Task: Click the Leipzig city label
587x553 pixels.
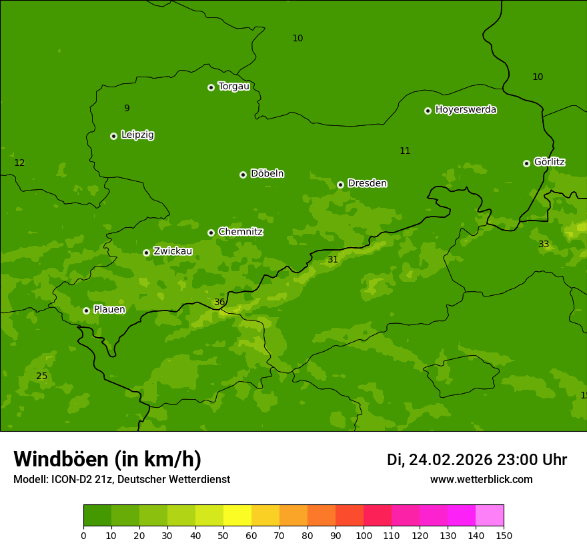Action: pos(137,135)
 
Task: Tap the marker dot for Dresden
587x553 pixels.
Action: pos(340,185)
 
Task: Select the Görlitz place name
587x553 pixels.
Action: pos(549,162)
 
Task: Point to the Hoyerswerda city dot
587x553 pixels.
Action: pos(428,111)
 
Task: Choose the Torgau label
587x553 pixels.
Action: pos(233,87)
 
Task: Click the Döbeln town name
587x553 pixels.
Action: pos(267,174)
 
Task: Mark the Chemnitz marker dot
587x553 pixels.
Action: pos(211,233)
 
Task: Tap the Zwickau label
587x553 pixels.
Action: pos(173,251)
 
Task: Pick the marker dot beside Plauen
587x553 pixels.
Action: pos(86,310)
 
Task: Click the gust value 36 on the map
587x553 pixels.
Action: pos(219,302)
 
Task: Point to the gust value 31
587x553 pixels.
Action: pos(333,260)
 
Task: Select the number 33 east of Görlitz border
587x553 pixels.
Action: pos(544,245)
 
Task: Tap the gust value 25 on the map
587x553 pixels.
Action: pos(41,376)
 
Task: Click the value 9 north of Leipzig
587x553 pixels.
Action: pos(127,109)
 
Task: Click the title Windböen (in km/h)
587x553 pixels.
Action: pos(107,459)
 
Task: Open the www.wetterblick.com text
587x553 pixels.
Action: pos(481,480)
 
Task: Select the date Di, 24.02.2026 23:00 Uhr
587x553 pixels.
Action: pos(477,460)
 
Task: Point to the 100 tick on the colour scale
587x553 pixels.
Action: pos(364,535)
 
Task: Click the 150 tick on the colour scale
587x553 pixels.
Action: pos(504,535)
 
